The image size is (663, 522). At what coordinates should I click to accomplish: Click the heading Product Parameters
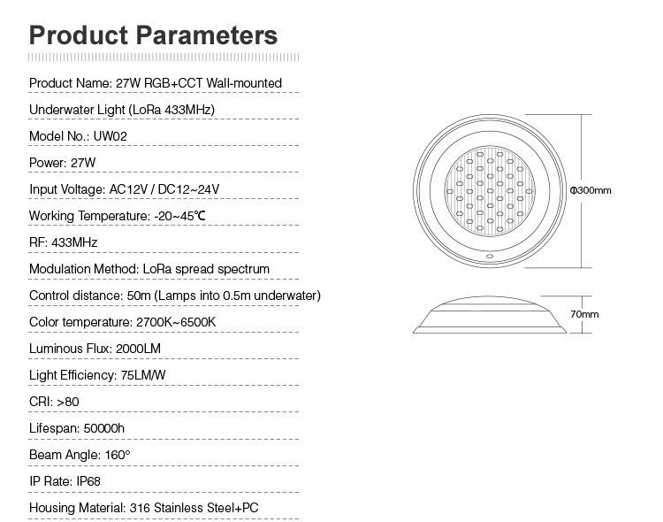(x=153, y=35)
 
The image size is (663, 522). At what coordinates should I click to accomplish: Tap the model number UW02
(x=110, y=136)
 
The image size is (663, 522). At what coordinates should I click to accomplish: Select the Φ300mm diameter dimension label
(x=591, y=190)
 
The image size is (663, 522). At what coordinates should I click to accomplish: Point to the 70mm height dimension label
(x=584, y=314)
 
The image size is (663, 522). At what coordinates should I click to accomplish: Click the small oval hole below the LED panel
(x=490, y=256)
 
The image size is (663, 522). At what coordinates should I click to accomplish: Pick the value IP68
(x=88, y=481)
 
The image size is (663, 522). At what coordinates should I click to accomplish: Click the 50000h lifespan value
(x=104, y=428)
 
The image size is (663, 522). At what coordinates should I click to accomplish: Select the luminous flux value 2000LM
(x=138, y=349)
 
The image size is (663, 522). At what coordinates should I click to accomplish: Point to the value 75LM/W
(x=143, y=375)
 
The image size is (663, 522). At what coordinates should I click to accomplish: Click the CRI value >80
(x=68, y=402)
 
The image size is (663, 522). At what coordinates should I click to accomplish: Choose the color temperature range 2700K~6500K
(x=176, y=322)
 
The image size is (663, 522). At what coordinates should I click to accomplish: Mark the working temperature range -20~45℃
(x=179, y=216)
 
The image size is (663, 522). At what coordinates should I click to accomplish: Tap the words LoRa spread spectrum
(x=206, y=269)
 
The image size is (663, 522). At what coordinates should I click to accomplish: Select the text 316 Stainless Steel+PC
(x=194, y=508)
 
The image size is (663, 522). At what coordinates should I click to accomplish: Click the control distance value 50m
(x=139, y=296)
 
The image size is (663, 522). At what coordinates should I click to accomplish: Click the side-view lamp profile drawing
(x=490, y=315)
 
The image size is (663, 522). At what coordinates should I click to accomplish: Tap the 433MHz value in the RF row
(x=74, y=242)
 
